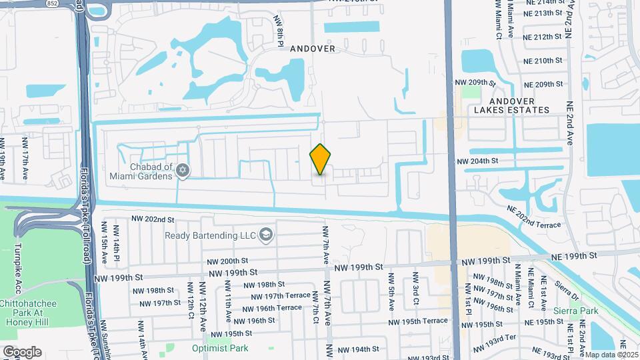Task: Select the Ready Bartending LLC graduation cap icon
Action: [x=266, y=234]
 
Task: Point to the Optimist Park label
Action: [x=220, y=348]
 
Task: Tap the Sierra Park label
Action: [x=575, y=311]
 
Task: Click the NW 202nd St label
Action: [x=152, y=219]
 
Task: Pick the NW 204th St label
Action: [x=477, y=161]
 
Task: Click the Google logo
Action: [x=21, y=351]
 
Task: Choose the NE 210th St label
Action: [x=544, y=61]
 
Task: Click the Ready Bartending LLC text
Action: [x=212, y=235]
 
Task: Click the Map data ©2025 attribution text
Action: [x=611, y=354]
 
